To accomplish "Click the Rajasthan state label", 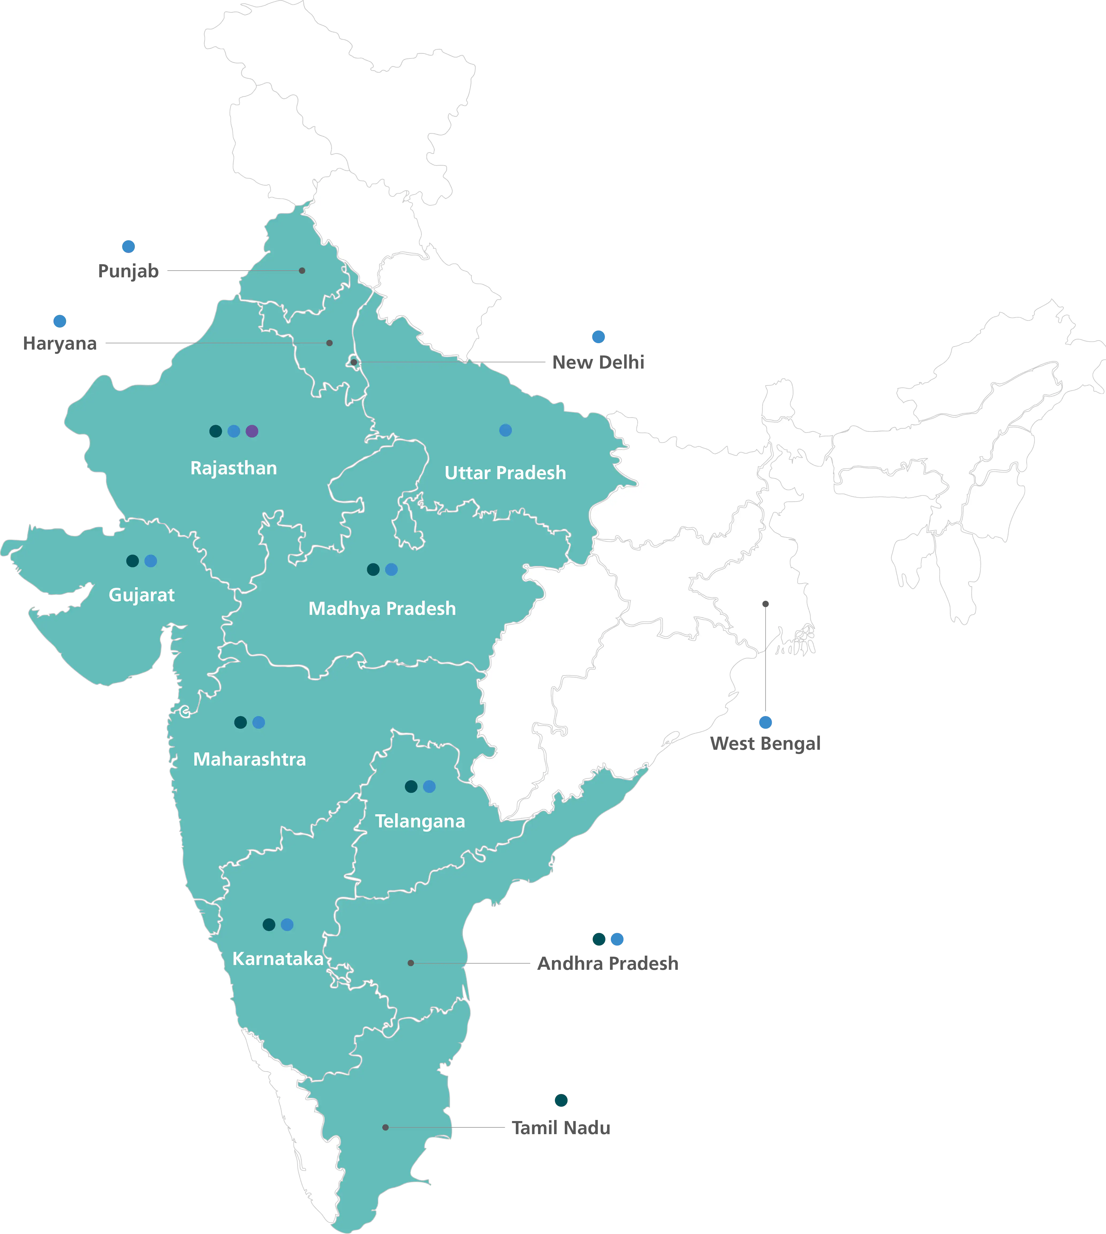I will pyautogui.click(x=233, y=468).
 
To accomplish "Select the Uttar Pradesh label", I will pyautogui.click(x=505, y=473).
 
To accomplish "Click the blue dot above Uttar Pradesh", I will pyautogui.click(x=505, y=430).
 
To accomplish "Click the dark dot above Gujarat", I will pyautogui.click(x=132, y=561).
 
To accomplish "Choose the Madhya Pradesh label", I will pyautogui.click(x=382, y=608).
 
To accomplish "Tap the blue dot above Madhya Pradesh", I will pyautogui.click(x=391, y=570).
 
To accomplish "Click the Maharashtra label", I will pyautogui.click(x=249, y=759).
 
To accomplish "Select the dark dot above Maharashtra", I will pyautogui.click(x=241, y=722).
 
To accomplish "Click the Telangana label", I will pyautogui.click(x=420, y=821).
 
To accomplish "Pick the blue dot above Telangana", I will pyautogui.click(x=429, y=787).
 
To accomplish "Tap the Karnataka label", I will pyautogui.click(x=278, y=959).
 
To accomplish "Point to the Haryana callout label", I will pyautogui.click(x=60, y=344).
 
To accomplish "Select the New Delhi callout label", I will pyautogui.click(x=597, y=363).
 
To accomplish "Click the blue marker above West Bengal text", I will pyautogui.click(x=765, y=722).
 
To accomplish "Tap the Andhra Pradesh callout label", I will pyautogui.click(x=608, y=963).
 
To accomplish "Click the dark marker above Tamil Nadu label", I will pyautogui.click(x=562, y=1100).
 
